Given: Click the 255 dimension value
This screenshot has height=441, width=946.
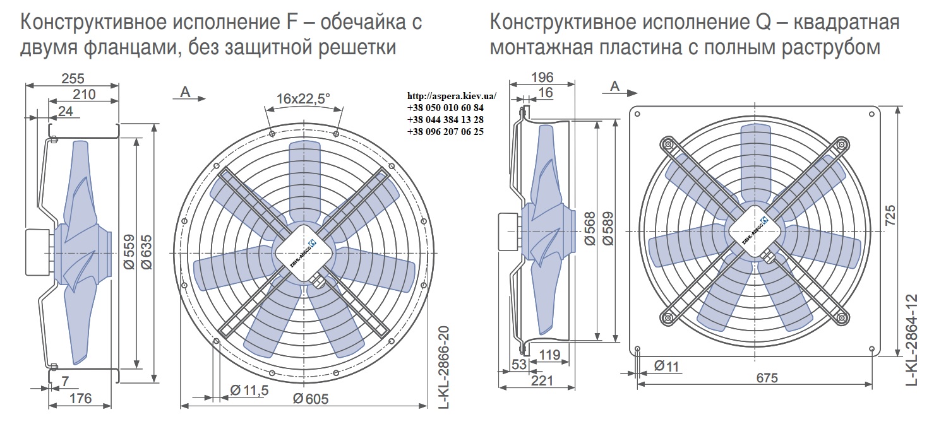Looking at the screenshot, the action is point(73,78).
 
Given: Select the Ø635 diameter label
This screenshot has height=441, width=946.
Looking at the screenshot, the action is point(146,252).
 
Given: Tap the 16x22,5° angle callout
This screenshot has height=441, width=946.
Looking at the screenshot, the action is point(302,98).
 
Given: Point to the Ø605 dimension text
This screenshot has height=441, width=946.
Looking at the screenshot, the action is point(311,398).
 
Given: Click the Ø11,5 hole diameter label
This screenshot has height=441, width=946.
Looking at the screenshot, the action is point(249,391).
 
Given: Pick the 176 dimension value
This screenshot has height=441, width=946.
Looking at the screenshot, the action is point(80,398).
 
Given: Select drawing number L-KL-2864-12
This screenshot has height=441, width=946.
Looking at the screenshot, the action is point(912,339).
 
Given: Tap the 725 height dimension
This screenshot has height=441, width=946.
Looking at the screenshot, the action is point(889,215).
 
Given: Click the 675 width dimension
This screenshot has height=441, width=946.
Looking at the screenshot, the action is point(767,377).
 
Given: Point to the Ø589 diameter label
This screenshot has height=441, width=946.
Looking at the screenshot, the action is point(608,228).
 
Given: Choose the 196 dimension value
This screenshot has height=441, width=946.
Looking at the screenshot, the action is point(542,77).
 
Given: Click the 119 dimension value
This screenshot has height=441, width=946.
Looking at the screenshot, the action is point(549,355).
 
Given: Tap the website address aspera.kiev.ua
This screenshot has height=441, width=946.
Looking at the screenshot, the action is point(452,96).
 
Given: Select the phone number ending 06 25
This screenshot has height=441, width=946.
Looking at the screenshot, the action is point(446,132).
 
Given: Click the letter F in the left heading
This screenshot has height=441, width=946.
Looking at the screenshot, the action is point(292,22).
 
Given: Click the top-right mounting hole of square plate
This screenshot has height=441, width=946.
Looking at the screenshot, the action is point(871,114).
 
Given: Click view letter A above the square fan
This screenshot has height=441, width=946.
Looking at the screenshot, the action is point(615,86).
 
